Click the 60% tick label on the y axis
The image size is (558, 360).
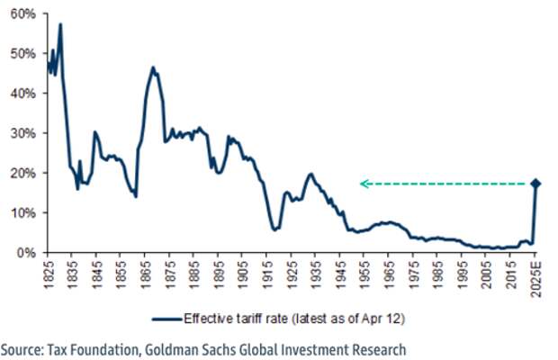22,13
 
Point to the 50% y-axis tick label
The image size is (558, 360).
22,53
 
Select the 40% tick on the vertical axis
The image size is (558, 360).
22,93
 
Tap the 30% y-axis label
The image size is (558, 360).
22,133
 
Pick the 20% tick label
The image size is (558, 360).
22,173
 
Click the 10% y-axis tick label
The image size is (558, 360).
22,212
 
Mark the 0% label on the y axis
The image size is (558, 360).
25,253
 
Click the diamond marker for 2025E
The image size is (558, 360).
536,184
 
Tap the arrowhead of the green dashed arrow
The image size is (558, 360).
363,184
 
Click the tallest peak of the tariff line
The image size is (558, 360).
60,24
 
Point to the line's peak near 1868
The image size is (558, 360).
153,67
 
